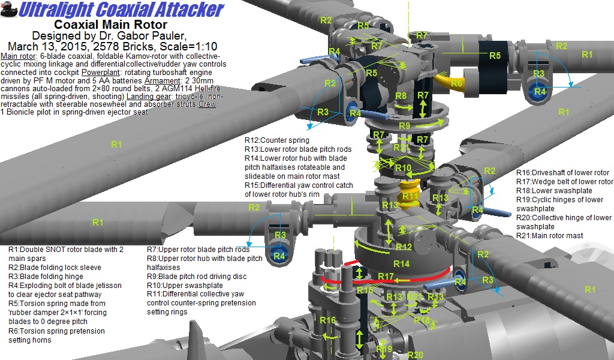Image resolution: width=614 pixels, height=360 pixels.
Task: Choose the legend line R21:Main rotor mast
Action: (549, 236)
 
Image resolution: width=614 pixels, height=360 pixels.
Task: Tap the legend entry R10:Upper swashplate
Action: (185, 286)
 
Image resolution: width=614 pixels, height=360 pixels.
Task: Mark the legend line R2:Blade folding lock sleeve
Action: (55, 268)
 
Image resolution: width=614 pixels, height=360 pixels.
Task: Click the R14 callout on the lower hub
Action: (401, 263)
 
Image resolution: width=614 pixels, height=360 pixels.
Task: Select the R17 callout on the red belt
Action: (386, 277)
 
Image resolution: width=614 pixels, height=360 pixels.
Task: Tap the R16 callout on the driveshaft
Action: (327, 321)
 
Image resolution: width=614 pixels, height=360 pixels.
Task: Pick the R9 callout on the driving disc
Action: (404, 126)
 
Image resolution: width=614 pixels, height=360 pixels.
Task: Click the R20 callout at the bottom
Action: (415, 355)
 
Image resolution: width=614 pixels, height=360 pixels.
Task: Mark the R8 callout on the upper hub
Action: (401, 97)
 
